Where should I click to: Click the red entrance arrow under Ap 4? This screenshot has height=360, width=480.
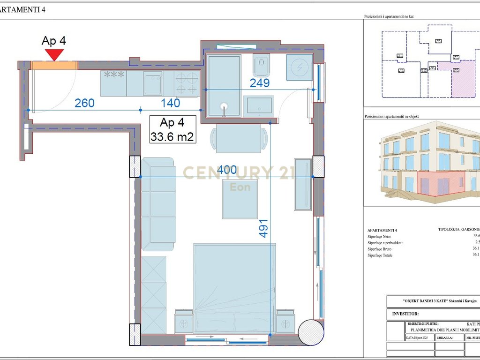coord(55,54)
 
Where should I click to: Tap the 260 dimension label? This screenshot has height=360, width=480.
coord(84,103)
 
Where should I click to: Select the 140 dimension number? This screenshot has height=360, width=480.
coord(171,103)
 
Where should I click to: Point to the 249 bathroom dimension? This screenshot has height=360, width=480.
coord(259,83)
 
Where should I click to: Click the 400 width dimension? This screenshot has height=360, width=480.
coord(227,170)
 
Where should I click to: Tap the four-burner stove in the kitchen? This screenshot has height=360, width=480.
coord(187,83)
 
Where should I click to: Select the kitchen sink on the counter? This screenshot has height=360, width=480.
coord(153,83)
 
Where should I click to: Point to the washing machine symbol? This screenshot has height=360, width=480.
coord(300,67)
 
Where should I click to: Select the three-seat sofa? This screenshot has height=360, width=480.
coord(158,204)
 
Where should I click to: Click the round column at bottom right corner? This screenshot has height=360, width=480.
coord(311,331)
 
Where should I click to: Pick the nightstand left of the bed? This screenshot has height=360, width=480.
coord(184,322)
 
